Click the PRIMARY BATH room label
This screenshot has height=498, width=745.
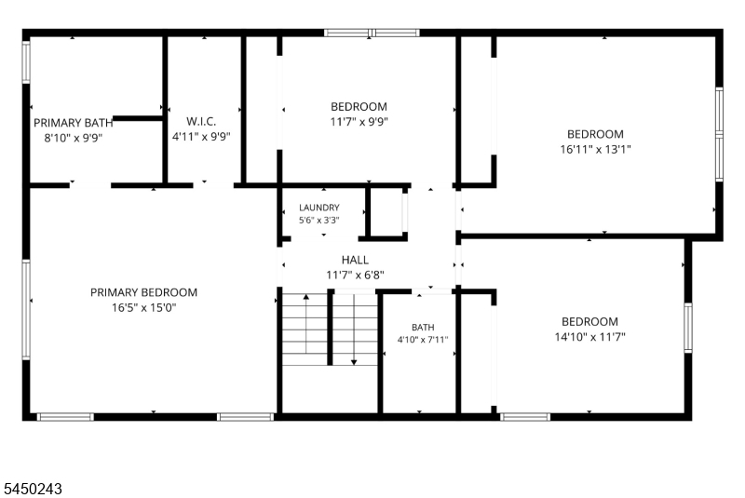(x=74, y=123)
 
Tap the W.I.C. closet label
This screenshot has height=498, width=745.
(x=201, y=122)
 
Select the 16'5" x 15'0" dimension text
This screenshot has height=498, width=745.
(x=144, y=307)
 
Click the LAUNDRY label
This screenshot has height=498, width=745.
(x=319, y=208)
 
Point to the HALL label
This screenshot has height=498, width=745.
(x=355, y=260)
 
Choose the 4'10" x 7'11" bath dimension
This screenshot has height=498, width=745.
(x=423, y=340)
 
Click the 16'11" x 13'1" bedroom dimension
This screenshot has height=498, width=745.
(x=595, y=150)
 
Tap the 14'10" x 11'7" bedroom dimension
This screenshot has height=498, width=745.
(x=589, y=337)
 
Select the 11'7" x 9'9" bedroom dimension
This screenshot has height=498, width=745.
(x=359, y=122)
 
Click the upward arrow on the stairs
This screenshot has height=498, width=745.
(x=306, y=324)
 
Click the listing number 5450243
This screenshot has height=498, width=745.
(x=33, y=489)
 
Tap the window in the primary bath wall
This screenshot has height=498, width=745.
(x=26, y=62)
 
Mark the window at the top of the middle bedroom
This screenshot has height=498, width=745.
(x=372, y=33)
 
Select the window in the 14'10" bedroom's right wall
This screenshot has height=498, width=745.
(x=688, y=328)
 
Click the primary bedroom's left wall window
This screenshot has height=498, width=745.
(x=26, y=310)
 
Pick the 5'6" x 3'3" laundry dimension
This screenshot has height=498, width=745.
(x=319, y=221)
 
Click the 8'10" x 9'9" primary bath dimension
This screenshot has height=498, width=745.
(x=74, y=138)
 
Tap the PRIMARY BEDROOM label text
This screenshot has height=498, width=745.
(x=144, y=292)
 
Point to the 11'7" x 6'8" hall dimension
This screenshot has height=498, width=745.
(x=356, y=275)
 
